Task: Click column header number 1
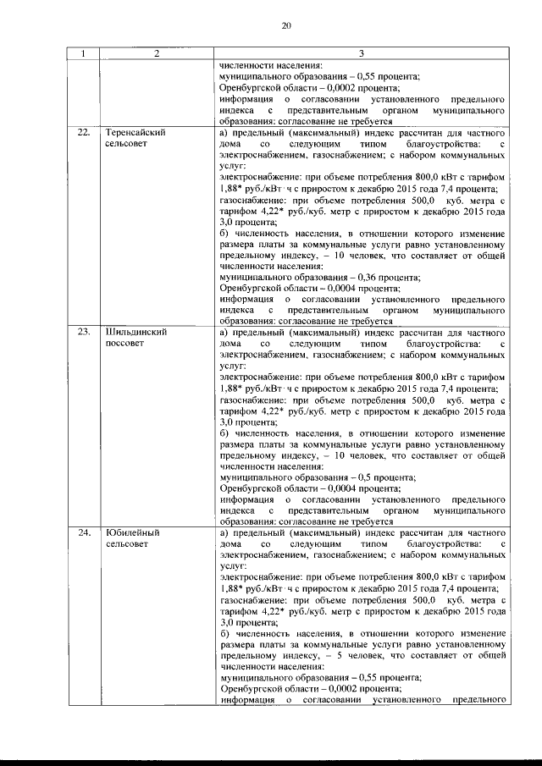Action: pos(83,54)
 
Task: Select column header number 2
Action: pos(157,54)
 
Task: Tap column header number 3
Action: pos(361,54)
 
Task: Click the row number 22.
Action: pos(83,133)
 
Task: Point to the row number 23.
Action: pos(83,332)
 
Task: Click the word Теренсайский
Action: pos(135,133)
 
